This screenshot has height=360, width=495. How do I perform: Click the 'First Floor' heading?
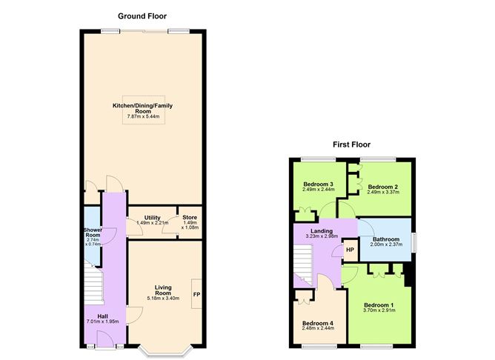tap(351, 144)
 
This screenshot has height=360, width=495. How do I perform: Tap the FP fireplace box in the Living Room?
tap(196, 294)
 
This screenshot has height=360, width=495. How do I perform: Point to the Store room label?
tap(190, 219)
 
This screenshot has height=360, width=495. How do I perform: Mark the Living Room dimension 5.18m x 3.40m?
tap(163, 299)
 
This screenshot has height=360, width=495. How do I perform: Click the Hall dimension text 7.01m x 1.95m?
tap(102, 321)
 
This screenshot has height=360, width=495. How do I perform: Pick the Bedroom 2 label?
tap(384, 187)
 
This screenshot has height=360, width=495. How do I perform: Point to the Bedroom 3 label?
tap(317, 184)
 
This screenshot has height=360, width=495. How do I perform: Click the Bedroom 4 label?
tap(317, 323)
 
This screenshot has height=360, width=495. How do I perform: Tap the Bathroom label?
tap(385, 239)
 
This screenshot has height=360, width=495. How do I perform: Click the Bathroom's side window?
tap(414, 241)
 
